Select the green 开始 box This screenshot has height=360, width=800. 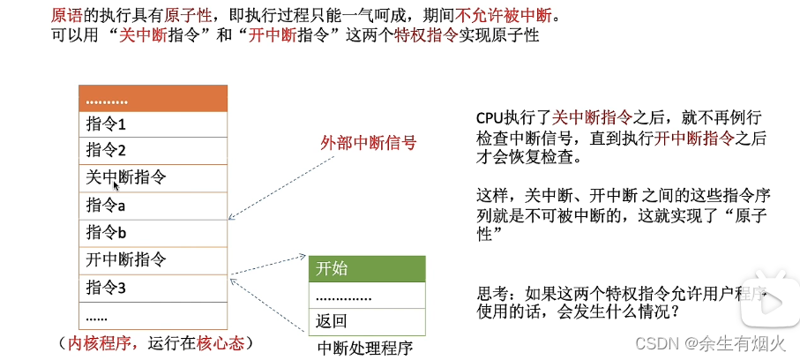point(366,269)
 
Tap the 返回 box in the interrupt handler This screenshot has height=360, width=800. point(366,321)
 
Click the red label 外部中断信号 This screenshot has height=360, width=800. point(368,141)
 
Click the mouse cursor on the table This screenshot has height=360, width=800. point(116,185)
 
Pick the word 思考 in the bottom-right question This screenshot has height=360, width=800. point(490,293)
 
